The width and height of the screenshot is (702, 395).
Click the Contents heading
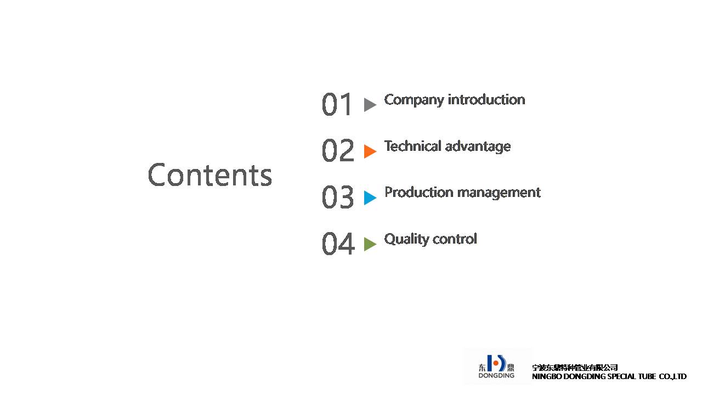click(x=210, y=175)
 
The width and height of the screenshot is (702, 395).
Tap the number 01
click(x=336, y=104)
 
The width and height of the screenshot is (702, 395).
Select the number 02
click(x=338, y=150)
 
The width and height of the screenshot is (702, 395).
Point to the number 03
click(x=338, y=197)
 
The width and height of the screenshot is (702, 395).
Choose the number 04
click(x=338, y=243)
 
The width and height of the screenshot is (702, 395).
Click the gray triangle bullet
click(x=370, y=104)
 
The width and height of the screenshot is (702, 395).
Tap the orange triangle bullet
click(x=370, y=151)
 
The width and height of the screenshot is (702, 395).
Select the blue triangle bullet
click(x=370, y=198)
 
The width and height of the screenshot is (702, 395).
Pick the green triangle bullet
click(x=370, y=244)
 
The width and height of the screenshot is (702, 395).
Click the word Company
click(x=414, y=100)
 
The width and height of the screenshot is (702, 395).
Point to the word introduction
click(x=486, y=99)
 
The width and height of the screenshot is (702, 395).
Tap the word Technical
click(x=413, y=146)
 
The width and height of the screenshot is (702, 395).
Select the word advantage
click(x=478, y=146)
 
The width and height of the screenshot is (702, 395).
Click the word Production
click(x=418, y=192)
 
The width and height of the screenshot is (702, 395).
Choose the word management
click(x=499, y=193)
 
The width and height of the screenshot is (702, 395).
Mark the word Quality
click(x=406, y=240)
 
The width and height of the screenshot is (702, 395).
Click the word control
click(x=455, y=239)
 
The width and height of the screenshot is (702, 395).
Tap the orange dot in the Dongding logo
click(x=496, y=363)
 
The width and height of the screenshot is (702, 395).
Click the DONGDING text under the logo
click(x=496, y=375)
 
